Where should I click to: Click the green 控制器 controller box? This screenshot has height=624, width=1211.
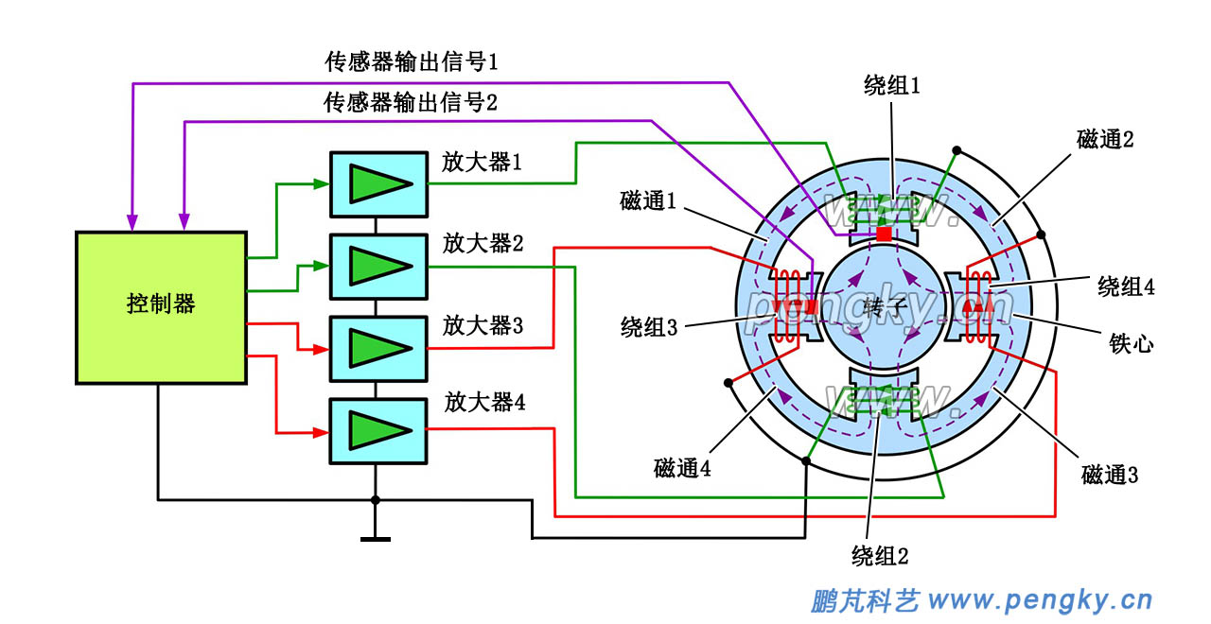161,307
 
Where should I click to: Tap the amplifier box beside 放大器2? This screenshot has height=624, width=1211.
377,266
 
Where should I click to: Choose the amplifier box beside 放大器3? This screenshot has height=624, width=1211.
377,348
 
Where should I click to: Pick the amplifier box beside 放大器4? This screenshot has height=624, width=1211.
377,431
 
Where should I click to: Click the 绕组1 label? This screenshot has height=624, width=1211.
892,86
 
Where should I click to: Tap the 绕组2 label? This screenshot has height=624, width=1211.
880,555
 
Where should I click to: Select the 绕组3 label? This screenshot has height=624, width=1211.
649,327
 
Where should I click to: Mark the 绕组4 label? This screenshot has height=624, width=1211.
1126,286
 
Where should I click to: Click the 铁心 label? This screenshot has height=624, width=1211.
1131,343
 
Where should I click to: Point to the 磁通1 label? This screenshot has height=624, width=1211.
648,200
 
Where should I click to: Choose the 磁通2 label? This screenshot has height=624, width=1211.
1105,140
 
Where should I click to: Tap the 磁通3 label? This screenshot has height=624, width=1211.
1110,474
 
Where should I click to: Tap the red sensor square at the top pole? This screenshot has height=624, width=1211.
884,234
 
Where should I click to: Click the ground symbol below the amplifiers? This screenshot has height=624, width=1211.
376,539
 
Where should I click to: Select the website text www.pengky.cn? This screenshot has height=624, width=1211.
1040,600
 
